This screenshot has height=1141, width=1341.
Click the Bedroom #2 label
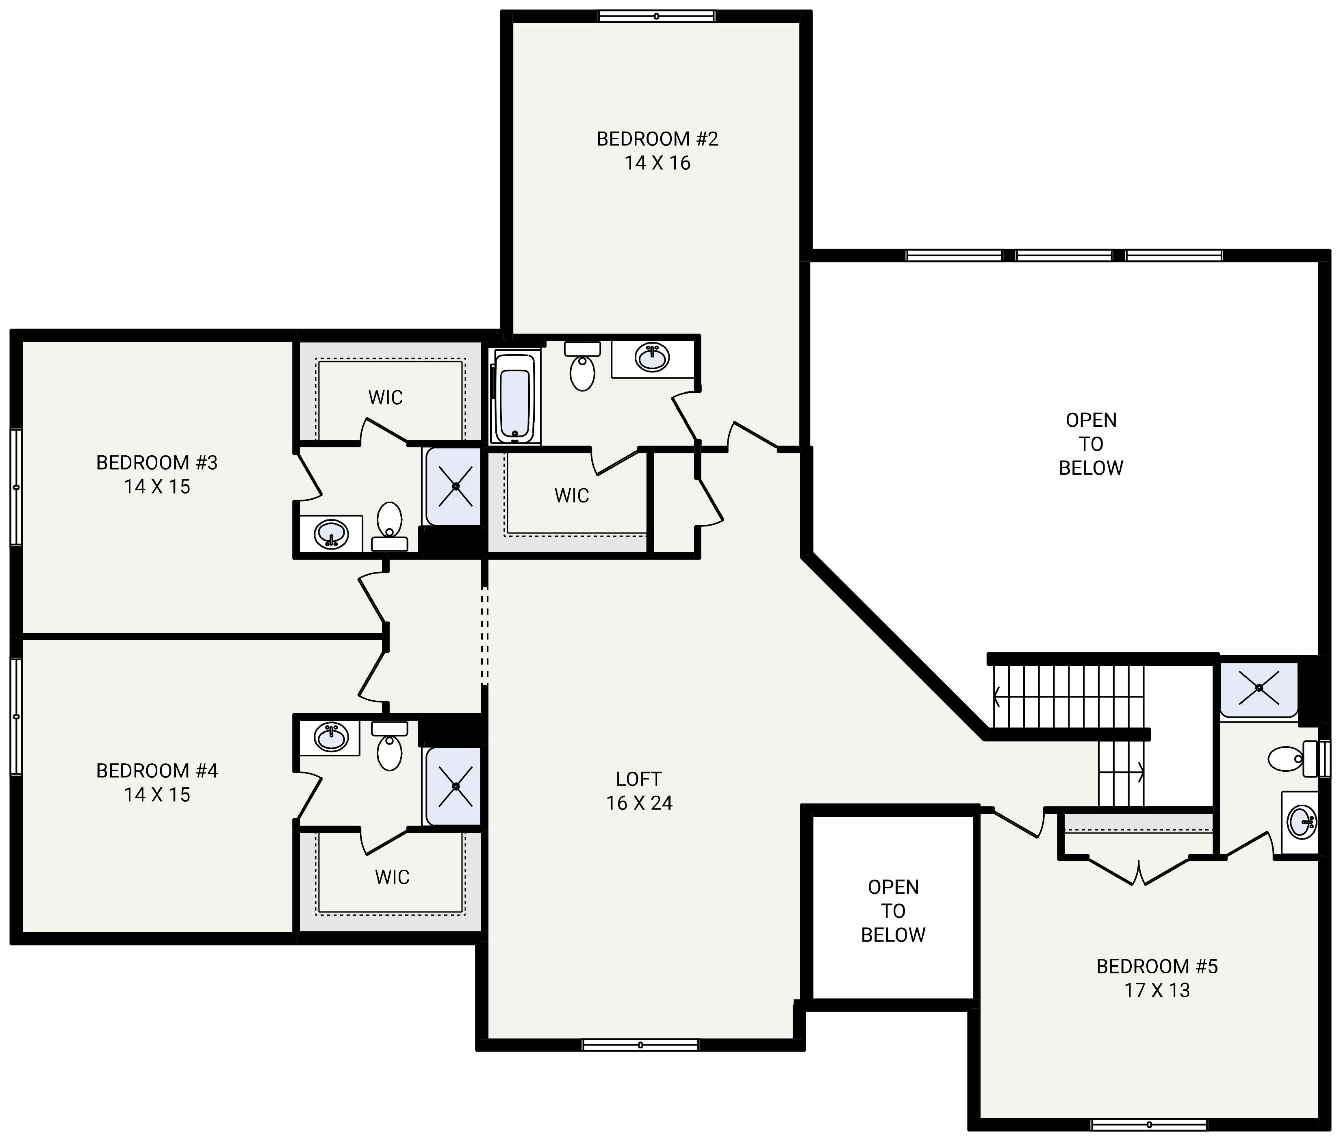coord(657,139)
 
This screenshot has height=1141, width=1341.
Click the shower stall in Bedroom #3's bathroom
coord(455,486)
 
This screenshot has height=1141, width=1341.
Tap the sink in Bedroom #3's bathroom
coord(331,534)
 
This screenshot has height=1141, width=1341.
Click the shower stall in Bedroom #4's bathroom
coord(455,786)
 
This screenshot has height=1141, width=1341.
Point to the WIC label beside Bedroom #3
coord(386,397)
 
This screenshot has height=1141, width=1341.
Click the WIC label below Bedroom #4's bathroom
coord(392,877)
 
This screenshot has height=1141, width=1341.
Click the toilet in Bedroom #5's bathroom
coord(1288,758)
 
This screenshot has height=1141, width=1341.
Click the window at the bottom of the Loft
coord(640,1045)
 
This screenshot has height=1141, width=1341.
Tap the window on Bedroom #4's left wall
coord(16,716)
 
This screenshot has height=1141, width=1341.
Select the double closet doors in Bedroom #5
coord(1138,871)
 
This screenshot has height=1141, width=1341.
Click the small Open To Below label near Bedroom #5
coord(893,911)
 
